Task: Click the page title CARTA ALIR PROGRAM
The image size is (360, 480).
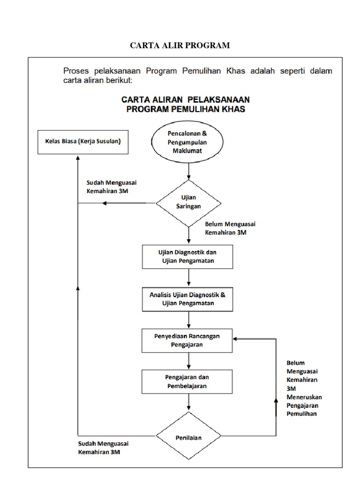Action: (x=180, y=45)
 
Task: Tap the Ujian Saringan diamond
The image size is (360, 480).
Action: (x=188, y=202)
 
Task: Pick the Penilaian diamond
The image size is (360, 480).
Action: (x=188, y=438)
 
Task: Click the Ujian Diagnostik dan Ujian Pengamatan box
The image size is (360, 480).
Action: (x=187, y=257)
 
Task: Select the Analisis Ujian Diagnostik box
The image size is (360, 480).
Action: (x=187, y=299)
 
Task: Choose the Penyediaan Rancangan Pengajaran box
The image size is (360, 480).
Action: (x=187, y=340)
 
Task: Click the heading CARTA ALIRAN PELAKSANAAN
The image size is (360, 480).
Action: (x=186, y=99)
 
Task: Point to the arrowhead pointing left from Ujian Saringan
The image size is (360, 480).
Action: (x=105, y=203)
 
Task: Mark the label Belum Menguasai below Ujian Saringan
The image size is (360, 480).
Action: (x=230, y=224)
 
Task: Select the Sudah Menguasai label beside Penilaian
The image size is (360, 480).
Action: (x=104, y=443)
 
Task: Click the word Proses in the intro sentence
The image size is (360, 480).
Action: (x=77, y=71)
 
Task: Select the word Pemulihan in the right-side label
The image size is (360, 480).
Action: (x=301, y=413)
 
